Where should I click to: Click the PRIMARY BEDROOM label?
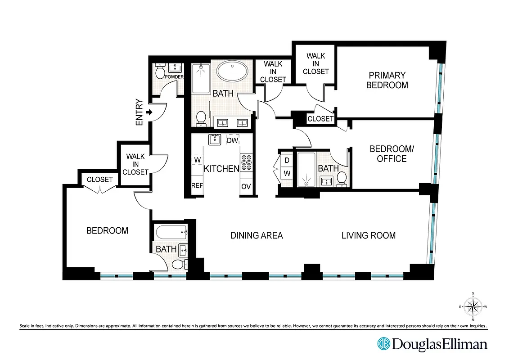tap(387, 80)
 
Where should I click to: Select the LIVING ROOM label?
tap(368, 235)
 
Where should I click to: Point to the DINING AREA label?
tap(257, 235)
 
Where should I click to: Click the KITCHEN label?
tap(221, 169)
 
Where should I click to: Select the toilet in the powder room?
tap(160, 72)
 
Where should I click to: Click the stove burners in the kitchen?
tap(246, 162)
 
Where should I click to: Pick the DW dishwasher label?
tap(232, 141)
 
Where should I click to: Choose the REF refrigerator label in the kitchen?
tap(197, 185)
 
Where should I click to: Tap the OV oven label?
tap(246, 186)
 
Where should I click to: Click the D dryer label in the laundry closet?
tap(287, 160)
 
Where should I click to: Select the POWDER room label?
tap(175, 77)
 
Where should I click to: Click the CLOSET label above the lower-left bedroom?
tap(100, 180)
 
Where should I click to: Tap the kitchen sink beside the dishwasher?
tap(215, 139)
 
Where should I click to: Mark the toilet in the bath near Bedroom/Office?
tap(342, 178)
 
